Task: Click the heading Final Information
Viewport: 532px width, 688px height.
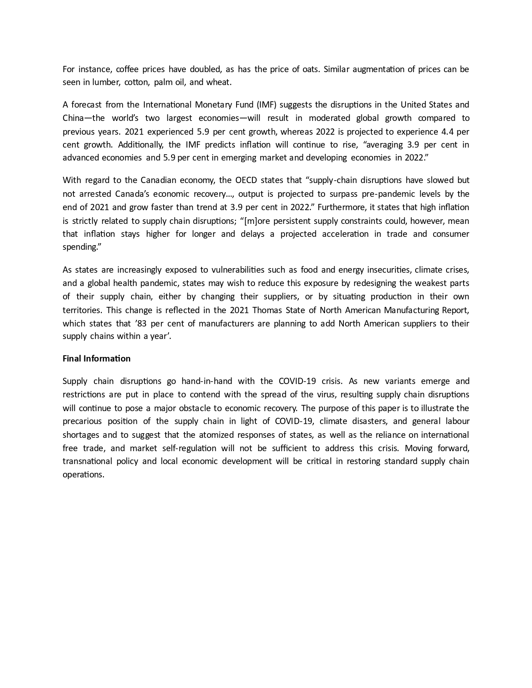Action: tap(96, 359)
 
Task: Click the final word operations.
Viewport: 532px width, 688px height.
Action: tap(83, 475)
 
